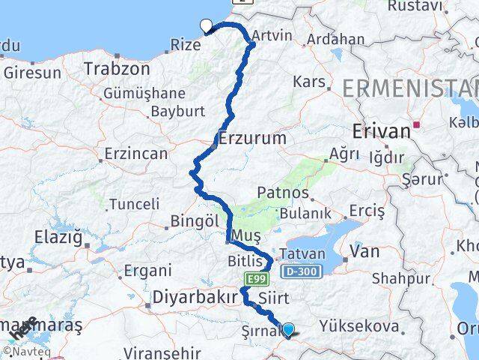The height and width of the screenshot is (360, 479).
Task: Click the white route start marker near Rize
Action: (207, 26)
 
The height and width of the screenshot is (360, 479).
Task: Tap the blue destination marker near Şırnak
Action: (288, 328)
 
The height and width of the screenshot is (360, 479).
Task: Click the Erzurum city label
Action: (253, 139)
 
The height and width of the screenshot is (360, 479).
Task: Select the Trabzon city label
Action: (117, 68)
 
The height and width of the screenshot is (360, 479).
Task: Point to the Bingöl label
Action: (194, 222)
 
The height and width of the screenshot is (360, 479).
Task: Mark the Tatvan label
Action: (302, 254)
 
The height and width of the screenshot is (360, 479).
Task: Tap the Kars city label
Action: (308, 81)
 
